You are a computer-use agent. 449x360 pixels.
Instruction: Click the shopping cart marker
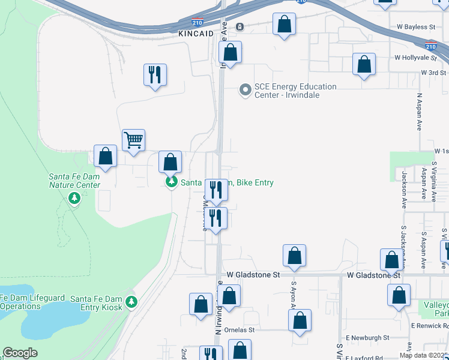(x=133, y=140)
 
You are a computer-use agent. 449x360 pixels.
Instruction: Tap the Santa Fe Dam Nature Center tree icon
(x=74, y=198)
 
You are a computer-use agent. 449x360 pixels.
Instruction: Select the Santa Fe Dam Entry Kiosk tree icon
(x=131, y=302)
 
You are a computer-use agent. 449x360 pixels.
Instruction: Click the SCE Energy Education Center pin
(x=245, y=91)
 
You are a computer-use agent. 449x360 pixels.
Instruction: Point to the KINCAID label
(x=196, y=35)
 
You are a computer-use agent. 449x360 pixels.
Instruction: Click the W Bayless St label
(x=415, y=27)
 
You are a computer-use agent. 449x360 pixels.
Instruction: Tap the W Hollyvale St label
(x=415, y=58)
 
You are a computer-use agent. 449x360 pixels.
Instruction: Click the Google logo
(x=20, y=353)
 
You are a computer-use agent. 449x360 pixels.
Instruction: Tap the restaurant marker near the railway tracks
(x=155, y=74)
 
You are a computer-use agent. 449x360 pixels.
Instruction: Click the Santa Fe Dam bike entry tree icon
(x=171, y=182)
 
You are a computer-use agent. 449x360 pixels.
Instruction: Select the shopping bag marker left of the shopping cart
(x=106, y=156)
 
